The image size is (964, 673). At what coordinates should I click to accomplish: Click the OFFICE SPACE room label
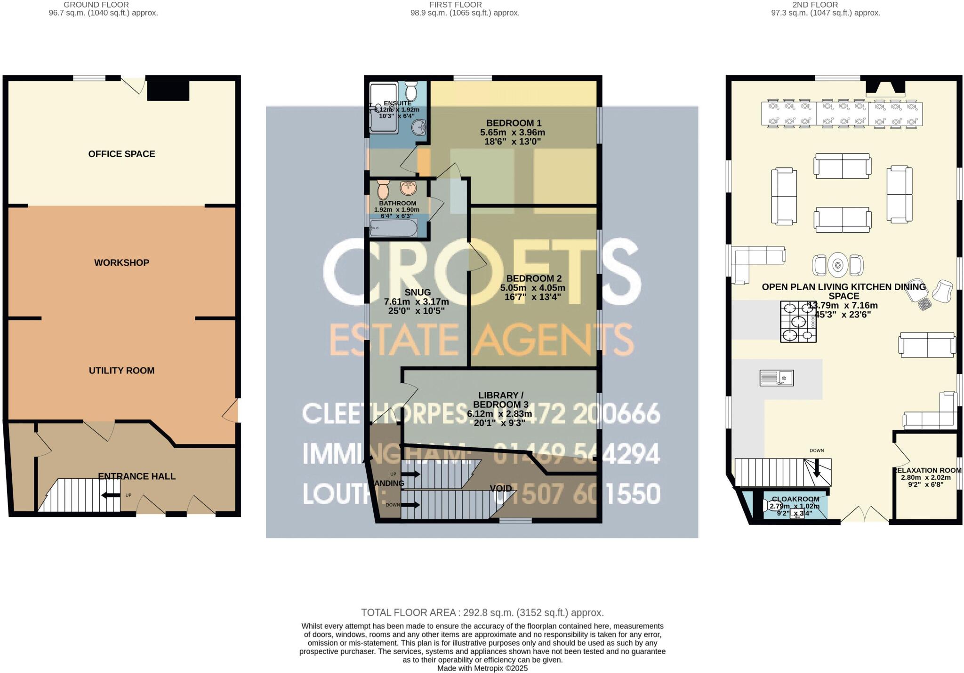click(121, 154)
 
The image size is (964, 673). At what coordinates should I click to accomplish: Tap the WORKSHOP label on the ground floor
click(121, 262)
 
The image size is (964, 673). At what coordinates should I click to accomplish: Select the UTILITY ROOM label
click(121, 371)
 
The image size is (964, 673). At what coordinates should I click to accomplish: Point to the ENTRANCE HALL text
click(137, 476)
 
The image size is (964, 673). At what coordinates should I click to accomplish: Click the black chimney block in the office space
click(168, 90)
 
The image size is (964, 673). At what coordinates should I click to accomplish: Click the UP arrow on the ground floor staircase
click(111, 495)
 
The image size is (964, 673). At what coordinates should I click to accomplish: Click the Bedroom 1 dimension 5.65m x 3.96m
click(513, 132)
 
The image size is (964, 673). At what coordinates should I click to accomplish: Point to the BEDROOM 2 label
click(533, 278)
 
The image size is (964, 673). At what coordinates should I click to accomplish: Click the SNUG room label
click(418, 293)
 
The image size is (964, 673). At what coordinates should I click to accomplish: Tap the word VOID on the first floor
click(501, 489)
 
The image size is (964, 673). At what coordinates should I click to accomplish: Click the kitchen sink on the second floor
click(776, 378)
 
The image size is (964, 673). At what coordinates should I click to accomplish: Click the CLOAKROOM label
click(795, 499)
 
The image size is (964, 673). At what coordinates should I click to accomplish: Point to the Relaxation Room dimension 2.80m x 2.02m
click(926, 477)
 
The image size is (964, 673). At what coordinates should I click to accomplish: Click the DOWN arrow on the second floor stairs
click(817, 467)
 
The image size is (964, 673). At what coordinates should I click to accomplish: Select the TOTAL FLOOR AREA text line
click(482, 612)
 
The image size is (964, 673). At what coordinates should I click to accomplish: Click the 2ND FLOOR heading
click(815, 5)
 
